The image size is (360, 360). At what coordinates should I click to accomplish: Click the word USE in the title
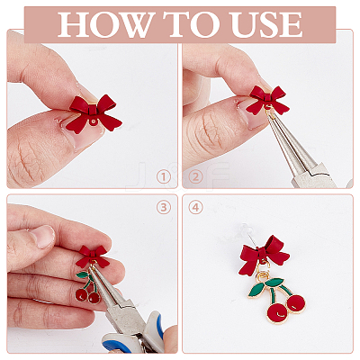(x=266, y=24)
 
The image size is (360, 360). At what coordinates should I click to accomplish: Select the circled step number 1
(x=164, y=177)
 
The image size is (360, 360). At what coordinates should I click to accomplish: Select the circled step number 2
(x=195, y=177)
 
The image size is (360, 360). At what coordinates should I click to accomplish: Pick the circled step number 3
(x=164, y=207)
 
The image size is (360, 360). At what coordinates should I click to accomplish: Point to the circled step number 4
(x=195, y=207)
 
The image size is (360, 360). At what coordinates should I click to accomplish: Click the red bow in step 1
(x=94, y=114)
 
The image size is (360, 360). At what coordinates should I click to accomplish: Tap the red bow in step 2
(x=266, y=100)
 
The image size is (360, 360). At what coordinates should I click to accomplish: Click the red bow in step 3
(x=93, y=256)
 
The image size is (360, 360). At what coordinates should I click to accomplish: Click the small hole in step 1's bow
(x=95, y=121)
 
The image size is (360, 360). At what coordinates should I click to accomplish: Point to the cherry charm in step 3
(x=88, y=287)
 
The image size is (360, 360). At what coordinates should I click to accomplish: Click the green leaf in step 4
(x=274, y=282)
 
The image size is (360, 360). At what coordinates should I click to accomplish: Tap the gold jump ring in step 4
(x=264, y=274)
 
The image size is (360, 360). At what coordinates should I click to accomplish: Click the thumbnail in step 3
(x=43, y=237)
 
